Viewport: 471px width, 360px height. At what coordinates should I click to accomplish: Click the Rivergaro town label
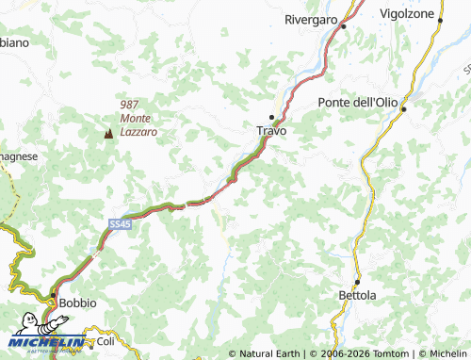pyautogui.click(x=312, y=18)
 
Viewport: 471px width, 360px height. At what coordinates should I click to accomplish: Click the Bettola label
pyautogui.click(x=357, y=296)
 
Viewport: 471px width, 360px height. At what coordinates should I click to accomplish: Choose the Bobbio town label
pyautogui.click(x=77, y=303)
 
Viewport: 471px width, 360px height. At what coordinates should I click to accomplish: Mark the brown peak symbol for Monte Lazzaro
pyautogui.click(x=107, y=135)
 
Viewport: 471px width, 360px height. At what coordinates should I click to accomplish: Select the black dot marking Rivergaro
pyautogui.click(x=344, y=26)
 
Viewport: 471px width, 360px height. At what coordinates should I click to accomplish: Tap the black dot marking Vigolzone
pyautogui.click(x=438, y=25)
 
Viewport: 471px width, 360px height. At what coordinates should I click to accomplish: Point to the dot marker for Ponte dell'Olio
pyautogui.click(x=402, y=109)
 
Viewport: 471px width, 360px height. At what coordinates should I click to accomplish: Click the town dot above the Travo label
pyautogui.click(x=271, y=118)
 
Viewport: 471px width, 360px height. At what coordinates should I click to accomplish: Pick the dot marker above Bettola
pyautogui.click(x=358, y=282)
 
